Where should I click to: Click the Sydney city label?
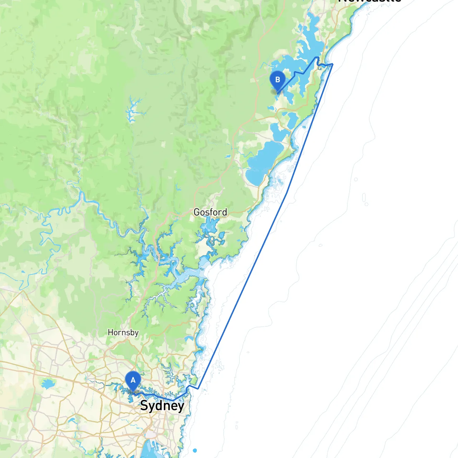pyautogui.click(x=162, y=406)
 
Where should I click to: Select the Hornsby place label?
pyautogui.click(x=123, y=332)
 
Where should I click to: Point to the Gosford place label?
pyautogui.click(x=210, y=212)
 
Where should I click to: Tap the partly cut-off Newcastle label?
pyautogui.click(x=369, y=1)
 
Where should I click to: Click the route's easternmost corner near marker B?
pyautogui.click(x=333, y=64)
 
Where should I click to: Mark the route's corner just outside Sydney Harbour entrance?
pyautogui.click(x=198, y=389)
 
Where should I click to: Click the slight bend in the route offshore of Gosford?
pyautogui.click(x=287, y=193)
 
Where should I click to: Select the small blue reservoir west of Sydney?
pyautogui.click(x=47, y=385)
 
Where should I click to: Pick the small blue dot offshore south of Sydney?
pyautogui.click(x=195, y=450)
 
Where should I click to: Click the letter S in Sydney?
pyautogui.click(x=144, y=406)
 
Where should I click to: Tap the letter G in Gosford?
pyautogui.click(x=196, y=212)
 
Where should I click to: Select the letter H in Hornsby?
pyautogui.click(x=110, y=332)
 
